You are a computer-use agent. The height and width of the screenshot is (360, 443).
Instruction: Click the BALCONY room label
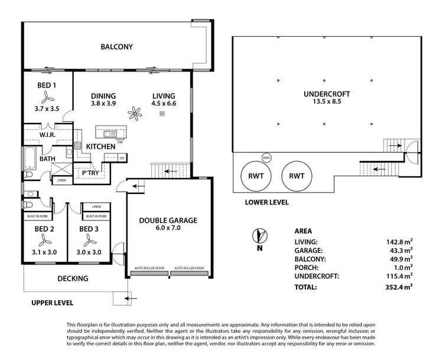(116, 47)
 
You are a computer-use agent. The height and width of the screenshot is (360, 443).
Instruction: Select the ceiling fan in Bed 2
(43, 240)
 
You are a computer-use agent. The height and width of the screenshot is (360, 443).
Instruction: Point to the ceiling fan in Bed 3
(91, 240)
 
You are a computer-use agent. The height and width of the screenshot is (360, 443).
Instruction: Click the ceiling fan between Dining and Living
(136, 113)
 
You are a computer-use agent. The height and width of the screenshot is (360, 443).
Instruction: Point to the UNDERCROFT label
(327, 94)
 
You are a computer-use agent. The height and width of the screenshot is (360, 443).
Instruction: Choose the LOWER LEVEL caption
(266, 202)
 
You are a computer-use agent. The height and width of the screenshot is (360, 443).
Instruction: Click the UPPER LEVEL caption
(53, 303)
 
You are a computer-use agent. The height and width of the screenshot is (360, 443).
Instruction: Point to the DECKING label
(73, 278)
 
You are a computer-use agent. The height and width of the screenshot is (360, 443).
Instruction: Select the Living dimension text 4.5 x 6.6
(164, 103)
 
